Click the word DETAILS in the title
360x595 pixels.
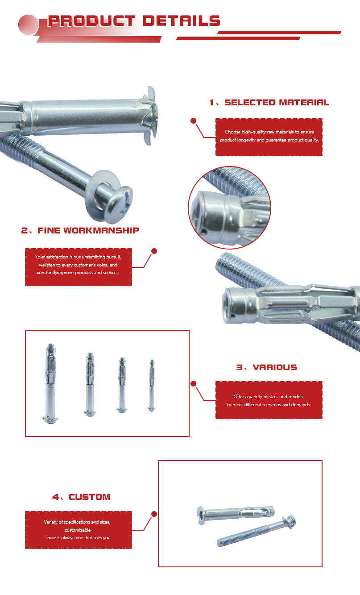click(182, 21)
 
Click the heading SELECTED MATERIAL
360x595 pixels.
click(277, 103)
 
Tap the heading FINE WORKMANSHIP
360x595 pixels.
click(88, 230)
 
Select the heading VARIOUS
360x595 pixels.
click(275, 367)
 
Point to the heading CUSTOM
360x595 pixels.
click(90, 497)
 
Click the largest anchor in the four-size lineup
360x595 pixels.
click(50, 383)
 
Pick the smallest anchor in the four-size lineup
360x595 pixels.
click(152, 385)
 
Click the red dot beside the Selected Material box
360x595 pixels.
click(193, 121)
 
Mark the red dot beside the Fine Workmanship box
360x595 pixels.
click(154, 251)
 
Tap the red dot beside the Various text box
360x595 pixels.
click(193, 383)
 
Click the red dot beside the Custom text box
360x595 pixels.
click(154, 514)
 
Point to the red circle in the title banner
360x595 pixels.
click(28, 25)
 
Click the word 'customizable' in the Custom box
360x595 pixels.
click(78, 530)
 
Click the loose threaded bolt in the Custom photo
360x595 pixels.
click(256, 531)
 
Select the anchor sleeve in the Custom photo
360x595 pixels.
click(236, 514)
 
